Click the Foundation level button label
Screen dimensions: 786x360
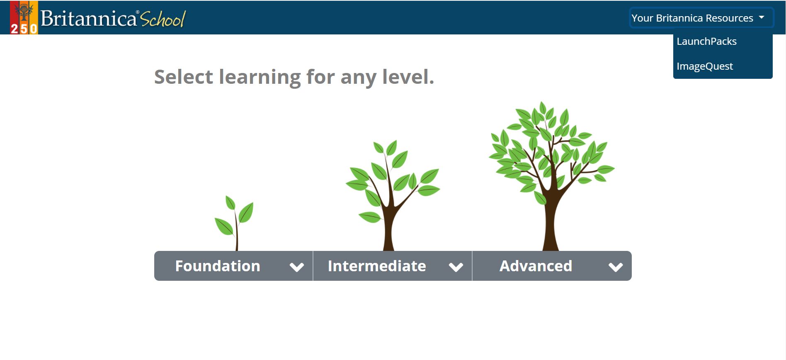[x=218, y=266]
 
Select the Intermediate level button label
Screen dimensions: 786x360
[x=377, y=266]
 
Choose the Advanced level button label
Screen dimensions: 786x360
[x=536, y=266]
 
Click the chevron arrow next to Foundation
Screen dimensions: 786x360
[x=297, y=267]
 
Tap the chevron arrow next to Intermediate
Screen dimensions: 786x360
[x=456, y=267]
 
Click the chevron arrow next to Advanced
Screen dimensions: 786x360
[x=616, y=267]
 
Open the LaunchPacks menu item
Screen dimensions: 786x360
[x=706, y=41]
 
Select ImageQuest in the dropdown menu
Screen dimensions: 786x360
[x=705, y=66]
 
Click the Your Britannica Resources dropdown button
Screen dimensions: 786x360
[x=701, y=18]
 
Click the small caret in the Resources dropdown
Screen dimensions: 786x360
[x=762, y=17]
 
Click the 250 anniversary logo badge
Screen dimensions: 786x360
[x=24, y=17]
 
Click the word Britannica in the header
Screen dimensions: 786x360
[x=89, y=19]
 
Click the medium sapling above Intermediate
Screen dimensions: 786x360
[x=393, y=195]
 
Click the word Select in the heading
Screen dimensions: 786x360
[x=184, y=77]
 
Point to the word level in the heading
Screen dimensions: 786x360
[x=408, y=77]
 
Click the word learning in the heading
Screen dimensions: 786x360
[x=260, y=78]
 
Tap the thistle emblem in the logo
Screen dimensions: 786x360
[x=24, y=12]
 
